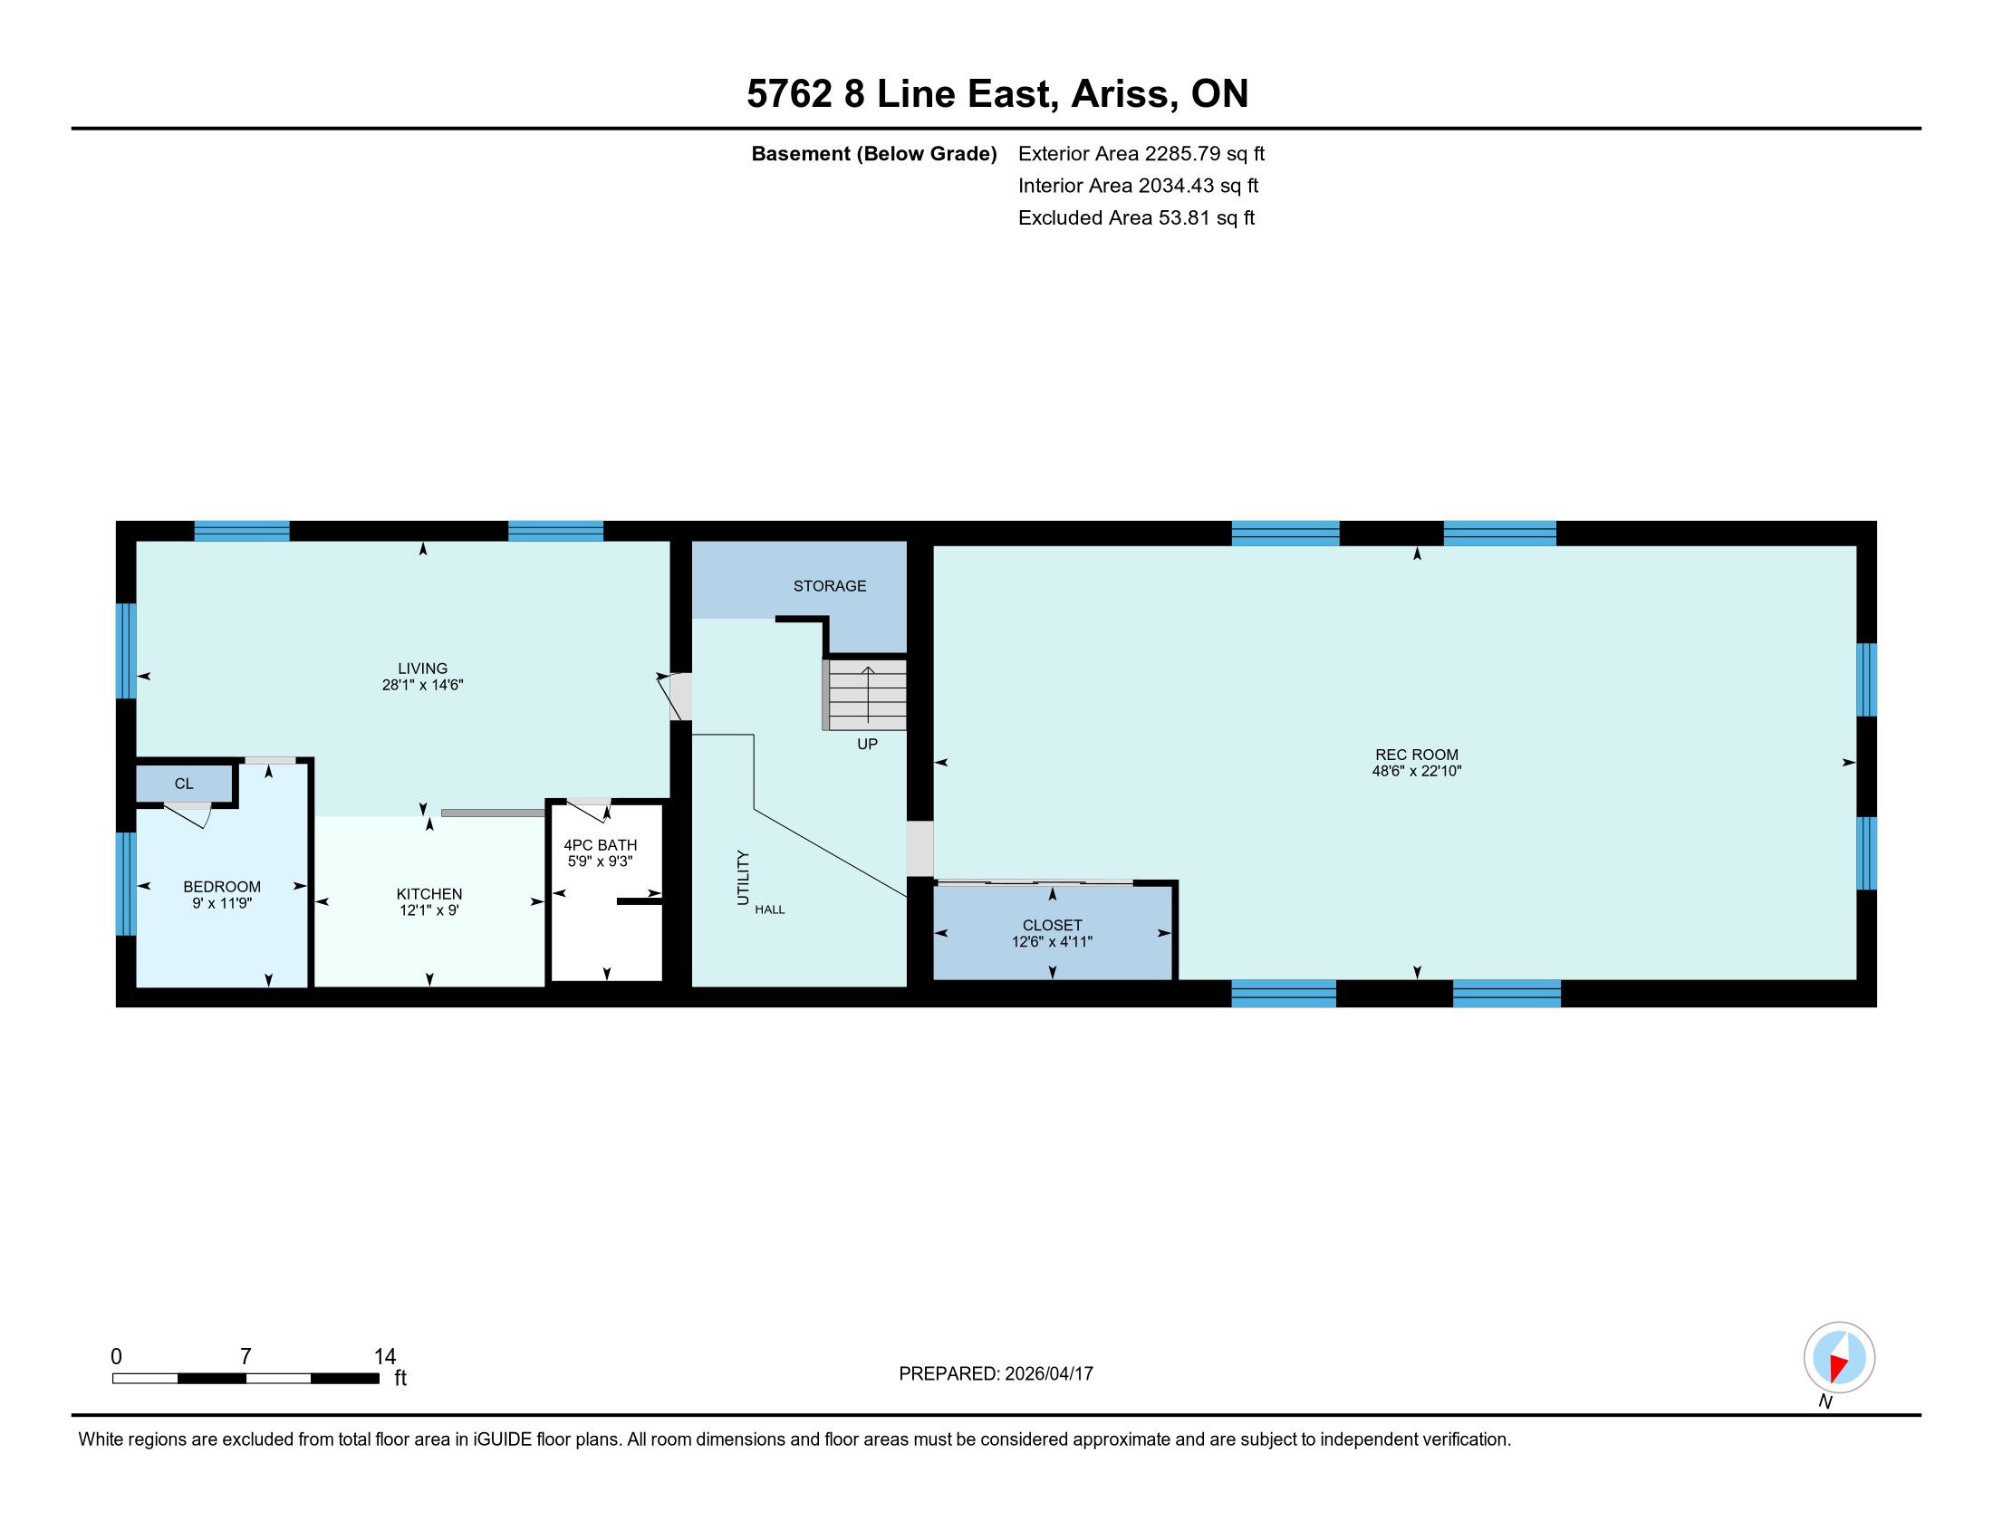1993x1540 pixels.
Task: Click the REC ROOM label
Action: click(1416, 755)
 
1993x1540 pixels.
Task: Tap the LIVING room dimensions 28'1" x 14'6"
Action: click(422, 685)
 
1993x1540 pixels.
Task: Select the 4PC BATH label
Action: click(600, 845)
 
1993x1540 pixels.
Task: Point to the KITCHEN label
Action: click(428, 894)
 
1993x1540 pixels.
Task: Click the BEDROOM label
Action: click(222, 887)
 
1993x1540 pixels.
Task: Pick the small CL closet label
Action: click(183, 784)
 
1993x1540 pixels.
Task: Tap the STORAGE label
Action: click(830, 586)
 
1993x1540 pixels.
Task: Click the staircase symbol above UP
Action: click(866, 694)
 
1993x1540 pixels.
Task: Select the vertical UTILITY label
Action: click(743, 878)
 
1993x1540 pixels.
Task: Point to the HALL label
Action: click(769, 910)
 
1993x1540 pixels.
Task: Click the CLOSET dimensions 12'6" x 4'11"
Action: click(1052, 941)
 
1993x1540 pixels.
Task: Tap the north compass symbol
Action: click(1839, 1358)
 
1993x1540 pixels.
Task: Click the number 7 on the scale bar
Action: click(245, 1357)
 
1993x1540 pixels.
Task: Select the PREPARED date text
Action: click(996, 1374)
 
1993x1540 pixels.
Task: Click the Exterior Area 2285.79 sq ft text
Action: click(1141, 153)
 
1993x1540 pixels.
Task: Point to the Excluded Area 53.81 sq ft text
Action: click(1136, 218)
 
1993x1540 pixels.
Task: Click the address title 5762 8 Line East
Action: click(900, 93)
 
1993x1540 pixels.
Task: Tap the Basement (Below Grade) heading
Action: click(873, 153)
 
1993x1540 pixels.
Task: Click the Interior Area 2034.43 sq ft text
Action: click(1138, 186)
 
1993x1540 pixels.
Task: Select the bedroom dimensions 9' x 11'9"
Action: click(222, 903)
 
